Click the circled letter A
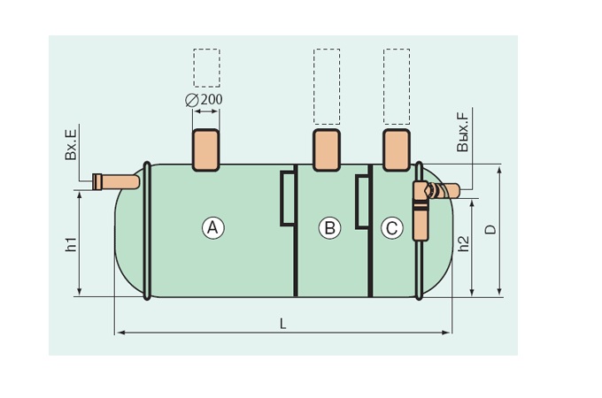(213, 228)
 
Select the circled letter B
(330, 228)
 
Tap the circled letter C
(392, 228)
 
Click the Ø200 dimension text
(204, 100)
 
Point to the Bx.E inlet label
(71, 144)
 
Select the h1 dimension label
(71, 244)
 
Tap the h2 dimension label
(464, 243)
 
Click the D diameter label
(490, 230)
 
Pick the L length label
(283, 324)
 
